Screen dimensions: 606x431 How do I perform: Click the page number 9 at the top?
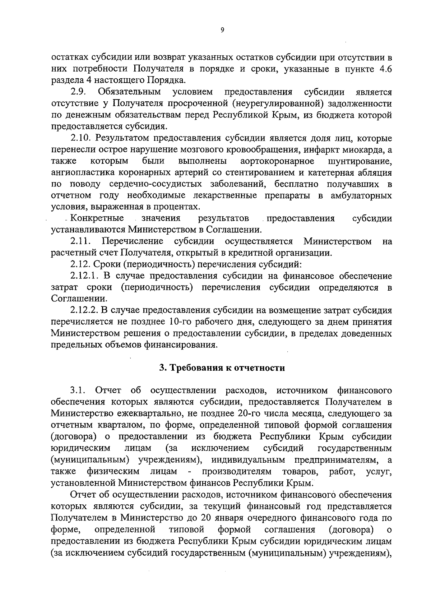coord(222,31)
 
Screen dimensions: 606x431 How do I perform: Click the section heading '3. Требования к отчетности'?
coord(222,367)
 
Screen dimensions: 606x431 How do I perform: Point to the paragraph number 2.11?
coord(80,241)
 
